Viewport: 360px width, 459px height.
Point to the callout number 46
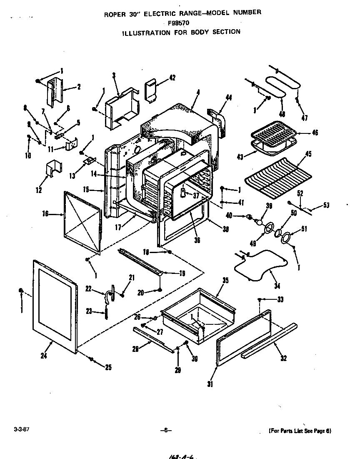point(315,133)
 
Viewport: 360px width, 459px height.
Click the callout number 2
point(78,87)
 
